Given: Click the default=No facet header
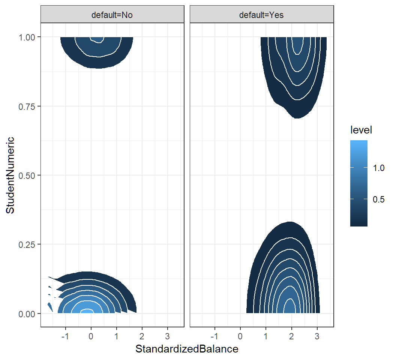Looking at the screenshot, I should coord(112,15).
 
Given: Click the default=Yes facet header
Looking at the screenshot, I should coord(262,15).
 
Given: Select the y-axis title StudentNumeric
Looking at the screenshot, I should coord(10,175).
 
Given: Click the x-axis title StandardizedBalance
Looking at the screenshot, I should coord(187,349).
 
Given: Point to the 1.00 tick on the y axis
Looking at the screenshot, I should coord(27,37).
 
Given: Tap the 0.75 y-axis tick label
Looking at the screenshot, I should coord(27,106).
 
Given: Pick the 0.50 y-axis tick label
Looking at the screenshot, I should coord(27,175).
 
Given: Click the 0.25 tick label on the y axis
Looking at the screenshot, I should coord(27,244).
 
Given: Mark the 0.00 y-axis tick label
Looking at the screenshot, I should coord(27,313).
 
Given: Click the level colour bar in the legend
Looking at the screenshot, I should coord(358,183).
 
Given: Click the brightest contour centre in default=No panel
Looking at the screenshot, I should coord(87,311).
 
